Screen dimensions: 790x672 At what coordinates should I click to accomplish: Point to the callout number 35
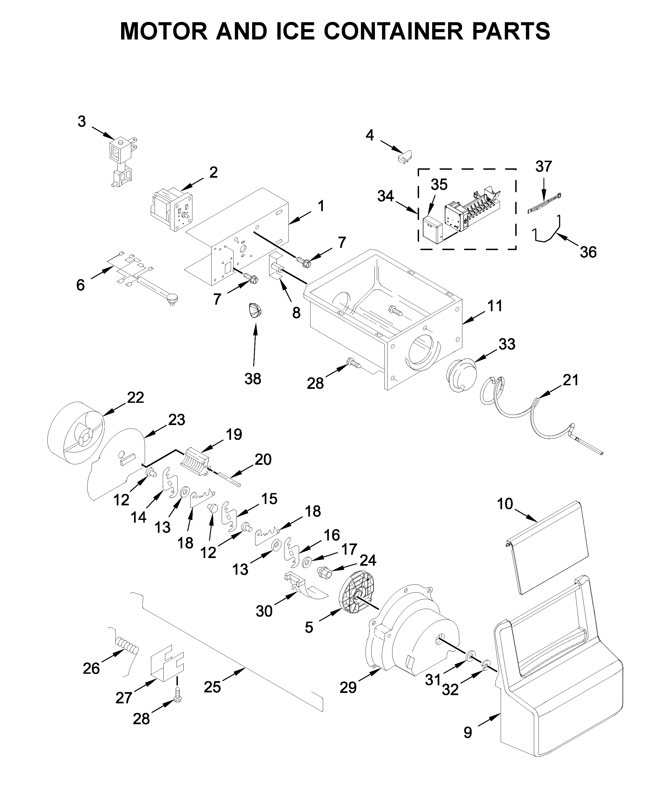(x=439, y=185)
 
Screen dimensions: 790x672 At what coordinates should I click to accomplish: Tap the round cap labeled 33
(x=461, y=375)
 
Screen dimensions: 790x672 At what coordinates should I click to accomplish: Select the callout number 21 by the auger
(x=570, y=380)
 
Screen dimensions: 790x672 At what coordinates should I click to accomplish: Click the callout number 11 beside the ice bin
(x=494, y=306)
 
